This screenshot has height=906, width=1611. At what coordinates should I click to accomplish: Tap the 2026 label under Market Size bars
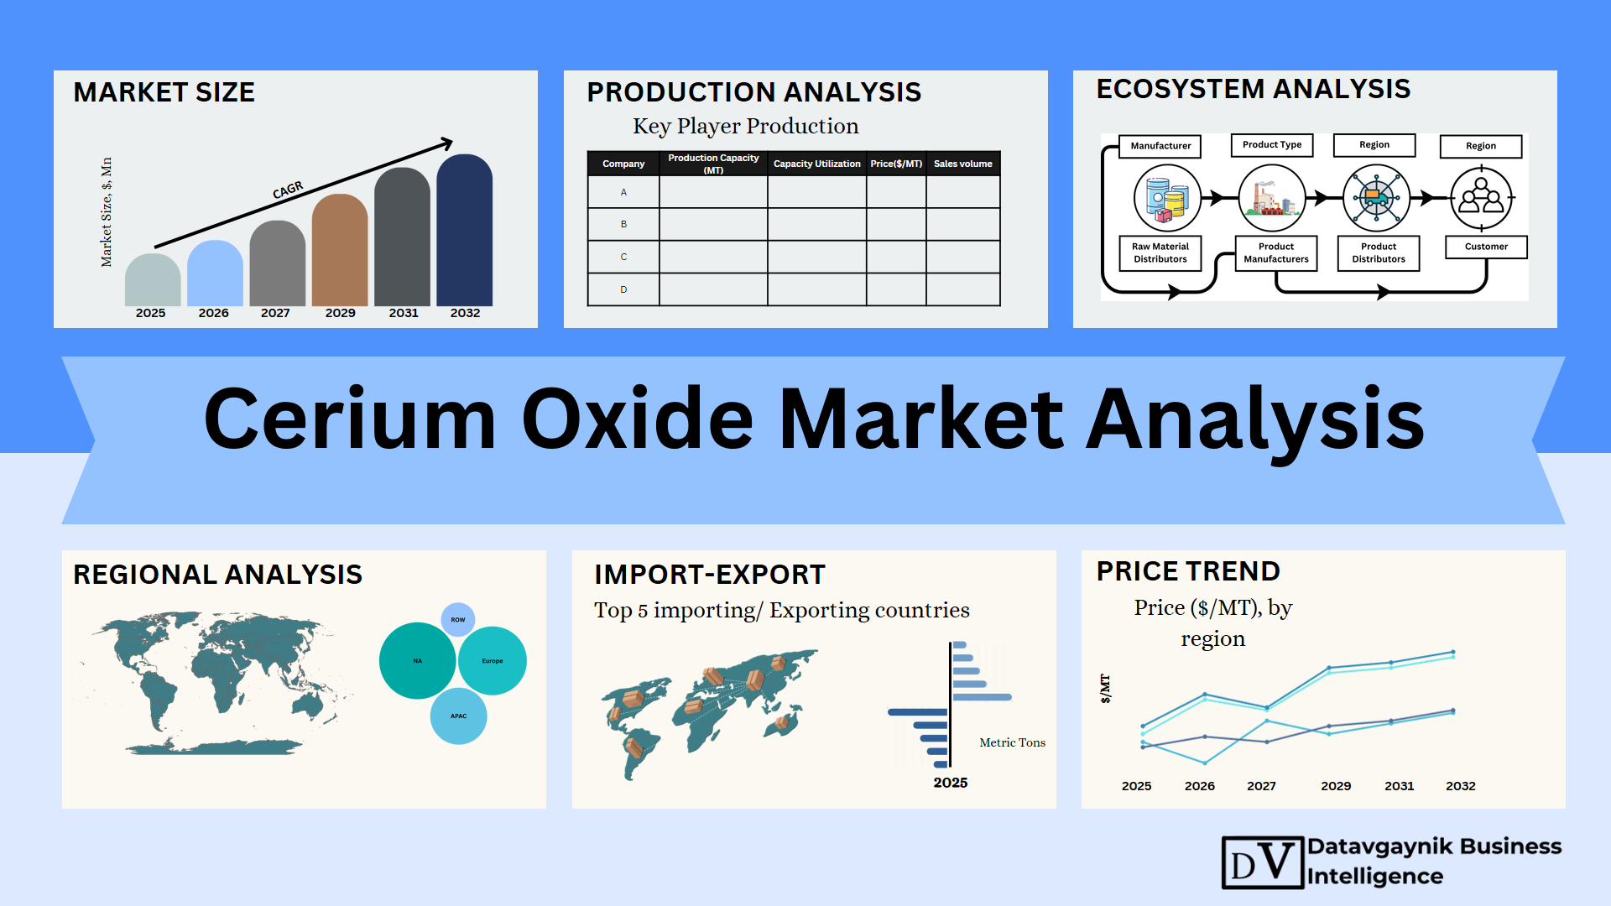(x=213, y=313)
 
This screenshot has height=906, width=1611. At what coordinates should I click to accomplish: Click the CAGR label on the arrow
(x=288, y=190)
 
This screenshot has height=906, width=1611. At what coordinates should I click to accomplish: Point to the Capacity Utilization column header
(x=816, y=164)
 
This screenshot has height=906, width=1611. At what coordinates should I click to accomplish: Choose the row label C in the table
(x=623, y=257)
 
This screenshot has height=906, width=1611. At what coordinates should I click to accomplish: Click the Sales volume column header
(x=962, y=164)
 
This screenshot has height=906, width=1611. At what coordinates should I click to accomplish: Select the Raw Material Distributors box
(x=1160, y=253)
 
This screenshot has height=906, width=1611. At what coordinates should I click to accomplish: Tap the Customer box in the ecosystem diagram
(x=1486, y=247)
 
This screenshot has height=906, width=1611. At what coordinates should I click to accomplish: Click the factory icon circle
(x=1272, y=198)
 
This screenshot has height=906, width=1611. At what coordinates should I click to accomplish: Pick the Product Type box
(x=1272, y=145)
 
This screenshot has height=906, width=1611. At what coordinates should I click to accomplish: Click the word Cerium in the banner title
(x=350, y=419)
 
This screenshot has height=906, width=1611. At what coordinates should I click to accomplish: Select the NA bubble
(x=417, y=661)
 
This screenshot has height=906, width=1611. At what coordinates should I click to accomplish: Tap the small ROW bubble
(x=458, y=620)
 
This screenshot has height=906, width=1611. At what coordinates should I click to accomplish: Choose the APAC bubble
(x=458, y=716)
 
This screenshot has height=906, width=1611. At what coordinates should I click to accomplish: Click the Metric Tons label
(x=1012, y=742)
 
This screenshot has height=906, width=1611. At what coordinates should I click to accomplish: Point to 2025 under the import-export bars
(x=951, y=783)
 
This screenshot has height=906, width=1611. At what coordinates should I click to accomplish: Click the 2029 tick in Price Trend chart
(x=1336, y=786)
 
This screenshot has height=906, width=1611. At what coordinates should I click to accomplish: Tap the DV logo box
(x=1263, y=862)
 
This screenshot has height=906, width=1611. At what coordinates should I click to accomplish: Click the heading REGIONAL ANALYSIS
(x=217, y=575)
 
